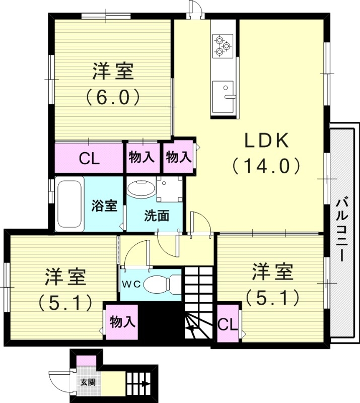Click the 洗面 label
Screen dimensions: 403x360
point(157,216)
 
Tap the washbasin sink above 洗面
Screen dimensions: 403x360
point(141,189)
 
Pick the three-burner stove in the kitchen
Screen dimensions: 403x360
point(222,45)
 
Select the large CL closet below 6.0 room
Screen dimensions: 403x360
point(90,158)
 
